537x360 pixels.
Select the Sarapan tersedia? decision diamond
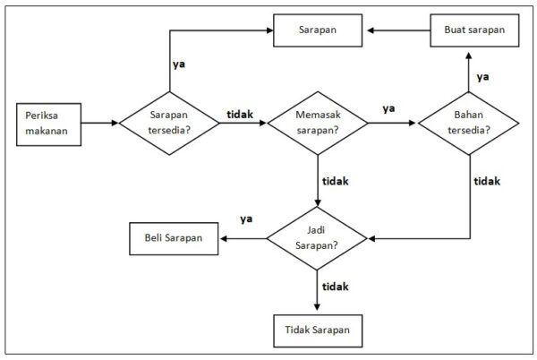coord(169,123)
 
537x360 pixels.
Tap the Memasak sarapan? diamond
coord(318,123)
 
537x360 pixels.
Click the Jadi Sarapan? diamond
coord(318,238)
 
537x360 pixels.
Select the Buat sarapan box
coord(474,30)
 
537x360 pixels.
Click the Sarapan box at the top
coord(318,30)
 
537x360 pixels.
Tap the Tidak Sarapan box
coord(318,331)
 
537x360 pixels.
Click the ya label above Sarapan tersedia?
coord(179,64)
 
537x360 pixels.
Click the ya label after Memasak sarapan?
coord(388,108)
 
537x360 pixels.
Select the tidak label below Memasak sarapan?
coord(335,180)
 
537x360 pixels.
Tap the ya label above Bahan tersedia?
coord(482,76)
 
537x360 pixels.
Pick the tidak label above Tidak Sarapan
coord(335,287)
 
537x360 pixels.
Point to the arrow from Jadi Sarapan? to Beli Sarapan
coord(243,238)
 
